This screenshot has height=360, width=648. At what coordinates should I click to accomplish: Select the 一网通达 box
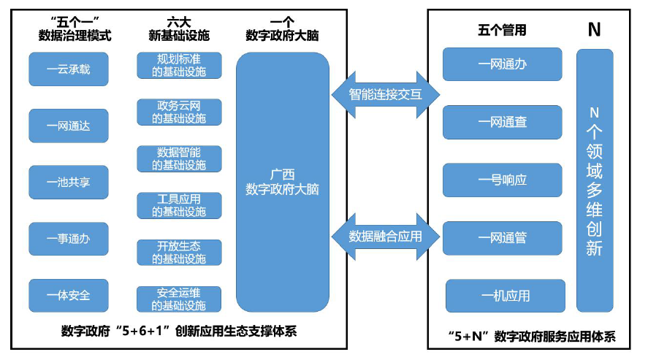point(68,126)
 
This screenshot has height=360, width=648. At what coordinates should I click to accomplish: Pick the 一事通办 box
point(68,238)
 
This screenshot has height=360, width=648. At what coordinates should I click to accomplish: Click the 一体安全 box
point(68,295)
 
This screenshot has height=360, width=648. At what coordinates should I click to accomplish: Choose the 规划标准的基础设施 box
point(179,65)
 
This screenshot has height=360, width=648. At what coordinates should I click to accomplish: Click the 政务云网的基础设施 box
point(179,112)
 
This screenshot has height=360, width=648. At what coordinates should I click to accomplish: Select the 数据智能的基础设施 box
point(179,158)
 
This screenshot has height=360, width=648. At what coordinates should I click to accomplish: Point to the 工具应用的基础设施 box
point(179,205)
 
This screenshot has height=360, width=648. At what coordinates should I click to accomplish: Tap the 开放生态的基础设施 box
point(179,252)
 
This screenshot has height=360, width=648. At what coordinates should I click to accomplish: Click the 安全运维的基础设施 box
point(179,299)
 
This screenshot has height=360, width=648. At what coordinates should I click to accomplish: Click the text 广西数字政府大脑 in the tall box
point(283,182)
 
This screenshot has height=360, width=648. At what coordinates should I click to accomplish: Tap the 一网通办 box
point(503,64)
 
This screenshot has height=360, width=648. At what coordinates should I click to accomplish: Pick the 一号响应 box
point(503,180)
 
